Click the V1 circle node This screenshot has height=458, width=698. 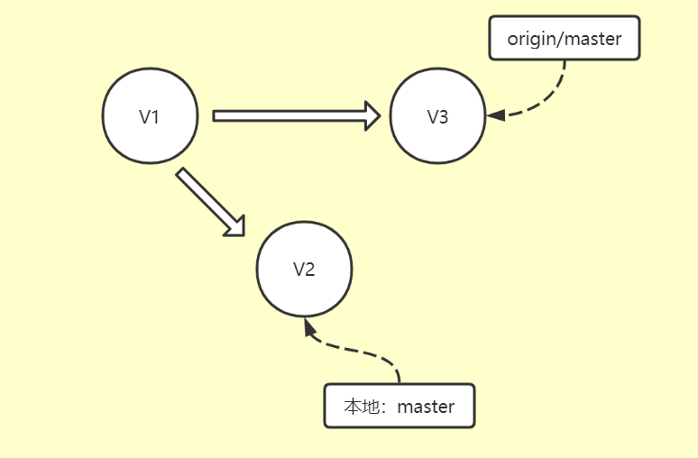click(x=150, y=116)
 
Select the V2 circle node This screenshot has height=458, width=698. click(x=304, y=270)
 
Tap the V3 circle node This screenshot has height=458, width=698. click(x=437, y=116)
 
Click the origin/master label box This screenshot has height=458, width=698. click(x=564, y=38)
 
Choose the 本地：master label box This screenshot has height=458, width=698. click(x=399, y=406)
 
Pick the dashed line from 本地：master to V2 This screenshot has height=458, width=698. click(x=361, y=348)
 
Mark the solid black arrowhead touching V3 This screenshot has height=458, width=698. click(x=495, y=115)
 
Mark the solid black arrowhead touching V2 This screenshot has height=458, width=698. click(x=310, y=326)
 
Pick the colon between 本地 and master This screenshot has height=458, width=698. click(x=384, y=408)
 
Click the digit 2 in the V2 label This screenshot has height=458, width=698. click(x=309, y=270)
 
